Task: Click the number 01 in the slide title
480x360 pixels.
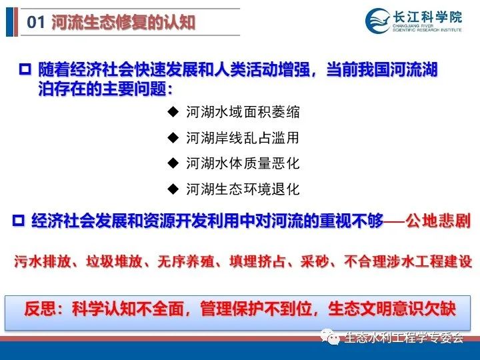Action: [35, 22]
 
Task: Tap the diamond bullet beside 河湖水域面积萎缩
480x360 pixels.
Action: [173, 112]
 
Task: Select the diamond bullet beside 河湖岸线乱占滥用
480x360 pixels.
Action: [173, 137]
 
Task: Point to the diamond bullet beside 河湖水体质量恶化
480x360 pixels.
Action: [173, 163]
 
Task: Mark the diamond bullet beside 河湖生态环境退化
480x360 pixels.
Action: [173, 189]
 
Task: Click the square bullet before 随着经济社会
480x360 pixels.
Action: [25, 69]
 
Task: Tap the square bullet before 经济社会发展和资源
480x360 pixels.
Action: [19, 221]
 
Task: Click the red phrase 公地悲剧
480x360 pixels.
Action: [438, 221]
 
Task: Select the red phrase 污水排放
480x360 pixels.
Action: [43, 262]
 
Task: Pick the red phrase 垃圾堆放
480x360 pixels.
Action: [114, 262]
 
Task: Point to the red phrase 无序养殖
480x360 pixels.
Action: [186, 262]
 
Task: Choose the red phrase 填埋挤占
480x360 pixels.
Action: [257, 262]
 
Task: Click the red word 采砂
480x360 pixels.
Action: [315, 262]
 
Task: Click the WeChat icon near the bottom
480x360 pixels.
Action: [330, 337]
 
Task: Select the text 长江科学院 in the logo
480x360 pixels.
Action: [427, 17]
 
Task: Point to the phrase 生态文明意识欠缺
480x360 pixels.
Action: [392, 309]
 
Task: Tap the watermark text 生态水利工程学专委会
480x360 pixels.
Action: [404, 337]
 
